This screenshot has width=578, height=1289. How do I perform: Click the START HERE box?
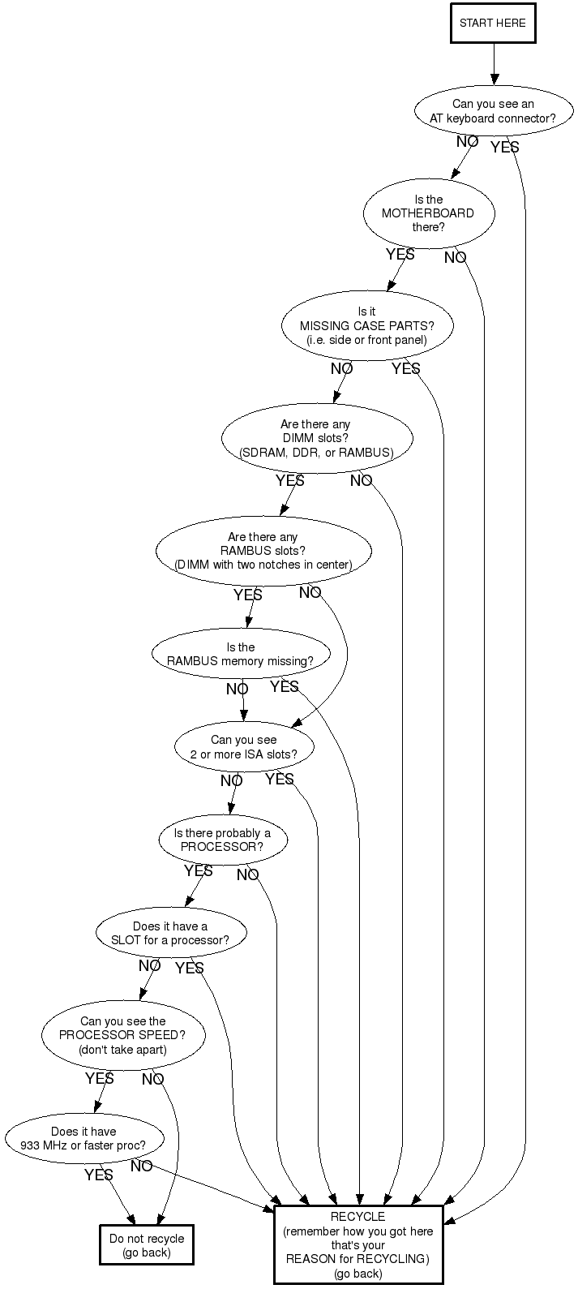[x=493, y=24]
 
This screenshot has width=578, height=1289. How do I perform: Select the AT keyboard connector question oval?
[x=493, y=111]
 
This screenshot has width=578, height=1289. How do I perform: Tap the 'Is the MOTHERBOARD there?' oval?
[x=428, y=213]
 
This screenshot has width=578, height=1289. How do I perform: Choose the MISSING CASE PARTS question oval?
[x=366, y=325]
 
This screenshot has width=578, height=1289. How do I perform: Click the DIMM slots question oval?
[x=316, y=438]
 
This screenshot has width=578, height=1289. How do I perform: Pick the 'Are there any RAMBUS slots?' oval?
[x=263, y=551]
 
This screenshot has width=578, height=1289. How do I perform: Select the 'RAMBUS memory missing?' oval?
[x=240, y=654]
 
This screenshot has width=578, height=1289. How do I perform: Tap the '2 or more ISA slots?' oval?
[x=243, y=746]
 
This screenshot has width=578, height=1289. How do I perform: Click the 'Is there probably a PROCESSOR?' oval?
[x=222, y=840]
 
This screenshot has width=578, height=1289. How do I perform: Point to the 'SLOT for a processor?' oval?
[x=170, y=933]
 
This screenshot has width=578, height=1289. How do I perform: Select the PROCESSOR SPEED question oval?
[x=122, y=1035]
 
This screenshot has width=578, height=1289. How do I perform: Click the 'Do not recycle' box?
[x=147, y=1245]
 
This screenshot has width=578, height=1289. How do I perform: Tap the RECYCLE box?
[x=358, y=1245]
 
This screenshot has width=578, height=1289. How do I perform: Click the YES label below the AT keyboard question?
[x=504, y=148]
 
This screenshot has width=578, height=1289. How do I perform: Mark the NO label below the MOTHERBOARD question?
[x=456, y=258]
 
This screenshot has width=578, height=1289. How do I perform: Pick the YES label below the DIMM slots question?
[x=289, y=481]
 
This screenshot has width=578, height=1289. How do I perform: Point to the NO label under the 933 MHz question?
[x=141, y=1167]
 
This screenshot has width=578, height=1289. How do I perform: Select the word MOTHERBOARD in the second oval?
[x=428, y=213]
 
